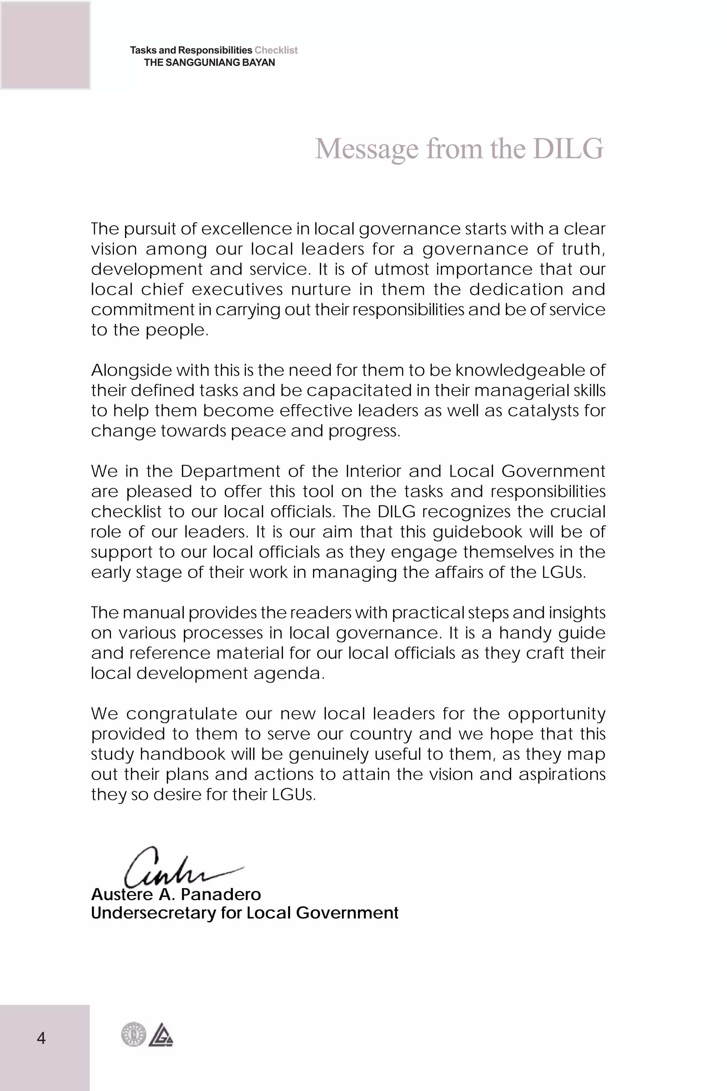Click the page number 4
pyautogui.click(x=41, y=1038)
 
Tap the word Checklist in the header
pyautogui.click(x=276, y=50)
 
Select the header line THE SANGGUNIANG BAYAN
pyautogui.click(x=209, y=63)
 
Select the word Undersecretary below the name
pyautogui.click(x=153, y=913)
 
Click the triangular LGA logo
pyautogui.click(x=161, y=1035)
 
